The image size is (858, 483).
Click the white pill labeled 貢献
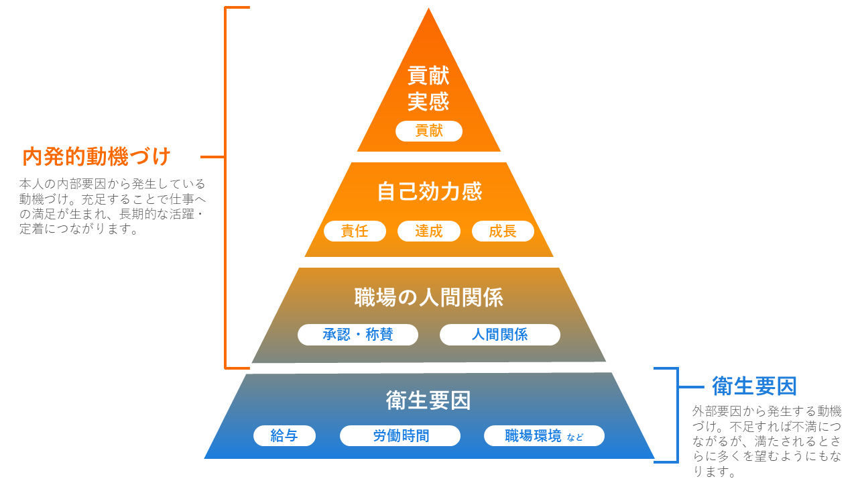(429, 131)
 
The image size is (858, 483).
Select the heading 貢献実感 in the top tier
(428, 89)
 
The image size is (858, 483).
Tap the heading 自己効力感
(429, 192)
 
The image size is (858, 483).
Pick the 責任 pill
(355, 231)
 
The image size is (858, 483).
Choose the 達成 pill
(429, 231)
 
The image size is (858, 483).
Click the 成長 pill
(503, 231)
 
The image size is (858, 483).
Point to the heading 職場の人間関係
(429, 297)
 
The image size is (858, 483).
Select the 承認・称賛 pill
(358, 335)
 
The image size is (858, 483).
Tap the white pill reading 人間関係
(499, 335)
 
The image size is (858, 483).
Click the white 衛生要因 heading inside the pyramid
(429, 400)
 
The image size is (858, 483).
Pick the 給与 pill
(284, 436)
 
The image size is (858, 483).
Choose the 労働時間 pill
(400, 436)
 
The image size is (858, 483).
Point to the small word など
(575, 437)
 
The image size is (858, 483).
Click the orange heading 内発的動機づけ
(97, 157)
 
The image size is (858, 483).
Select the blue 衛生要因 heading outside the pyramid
(754, 386)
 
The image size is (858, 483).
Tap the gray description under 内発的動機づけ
(112, 207)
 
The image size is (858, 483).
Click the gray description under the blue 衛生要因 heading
(767, 441)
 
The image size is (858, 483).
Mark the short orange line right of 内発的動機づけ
(212, 157)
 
